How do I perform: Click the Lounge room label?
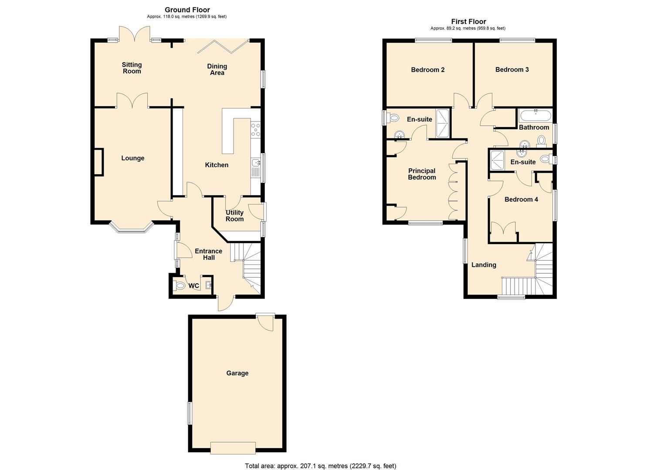[x=132, y=158]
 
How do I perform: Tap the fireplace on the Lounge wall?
[x=99, y=162]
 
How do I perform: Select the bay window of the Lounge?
[x=131, y=227]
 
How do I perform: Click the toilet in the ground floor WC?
[x=180, y=286]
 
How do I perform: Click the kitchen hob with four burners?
[x=255, y=130]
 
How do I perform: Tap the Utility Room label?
[x=234, y=216]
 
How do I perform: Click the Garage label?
[x=237, y=373]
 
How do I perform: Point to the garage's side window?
[x=190, y=413]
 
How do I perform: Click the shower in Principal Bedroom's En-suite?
[x=443, y=123]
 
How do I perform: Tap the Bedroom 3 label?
[x=512, y=70]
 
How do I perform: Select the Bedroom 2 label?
[x=427, y=70]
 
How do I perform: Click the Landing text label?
[x=484, y=265]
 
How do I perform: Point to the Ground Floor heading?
[x=187, y=10]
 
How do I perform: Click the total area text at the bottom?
[x=320, y=466]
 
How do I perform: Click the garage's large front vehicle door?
[x=233, y=448]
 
